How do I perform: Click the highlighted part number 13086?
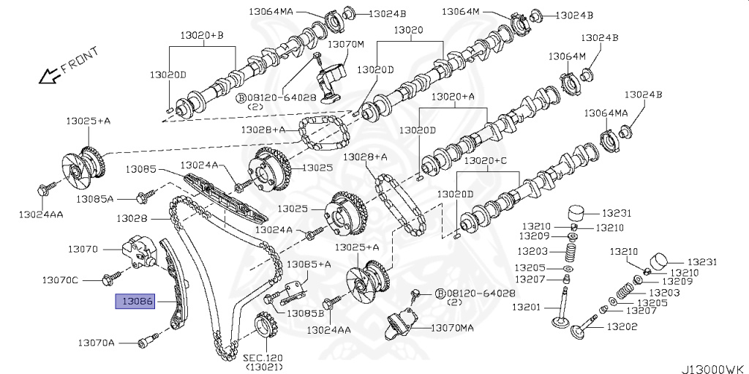pyautogui.click(x=136, y=301)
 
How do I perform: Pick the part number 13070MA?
pyautogui.click(x=453, y=329)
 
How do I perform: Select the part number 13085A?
pyautogui.click(x=96, y=198)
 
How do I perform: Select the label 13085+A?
pyautogui.click(x=308, y=263)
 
